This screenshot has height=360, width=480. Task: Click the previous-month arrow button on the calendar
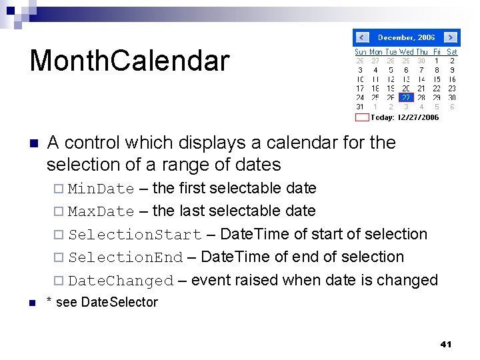362,37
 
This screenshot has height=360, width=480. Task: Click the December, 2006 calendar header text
406,38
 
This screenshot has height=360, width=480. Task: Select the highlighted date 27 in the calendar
406,97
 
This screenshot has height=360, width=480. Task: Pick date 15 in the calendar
437,79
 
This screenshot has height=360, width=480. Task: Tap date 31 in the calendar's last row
360,107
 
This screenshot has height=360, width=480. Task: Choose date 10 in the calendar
360,79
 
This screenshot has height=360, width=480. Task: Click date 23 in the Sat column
452,88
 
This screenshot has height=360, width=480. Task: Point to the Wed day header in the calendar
406,52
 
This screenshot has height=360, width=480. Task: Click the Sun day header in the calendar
360,52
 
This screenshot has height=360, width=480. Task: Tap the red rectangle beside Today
361,117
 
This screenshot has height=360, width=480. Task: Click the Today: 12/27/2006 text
405,117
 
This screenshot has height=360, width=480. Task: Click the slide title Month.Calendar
129,61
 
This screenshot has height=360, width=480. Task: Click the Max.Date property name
101,212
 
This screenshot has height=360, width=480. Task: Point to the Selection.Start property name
135,235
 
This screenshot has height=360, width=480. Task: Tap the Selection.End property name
125,258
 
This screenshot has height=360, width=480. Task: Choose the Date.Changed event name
121,281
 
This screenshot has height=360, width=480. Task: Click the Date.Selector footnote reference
119,303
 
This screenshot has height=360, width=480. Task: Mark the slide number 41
446,345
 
